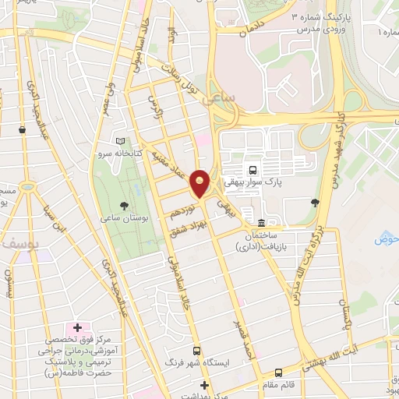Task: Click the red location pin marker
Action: click(x=200, y=183)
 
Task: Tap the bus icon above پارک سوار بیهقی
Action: click(x=252, y=169)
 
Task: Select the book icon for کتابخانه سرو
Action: click(x=119, y=141)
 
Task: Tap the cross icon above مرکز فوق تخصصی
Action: click(x=76, y=326)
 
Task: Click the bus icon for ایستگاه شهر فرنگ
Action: click(x=196, y=351)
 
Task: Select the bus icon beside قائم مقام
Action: click(x=279, y=373)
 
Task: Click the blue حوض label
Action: click(x=387, y=238)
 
